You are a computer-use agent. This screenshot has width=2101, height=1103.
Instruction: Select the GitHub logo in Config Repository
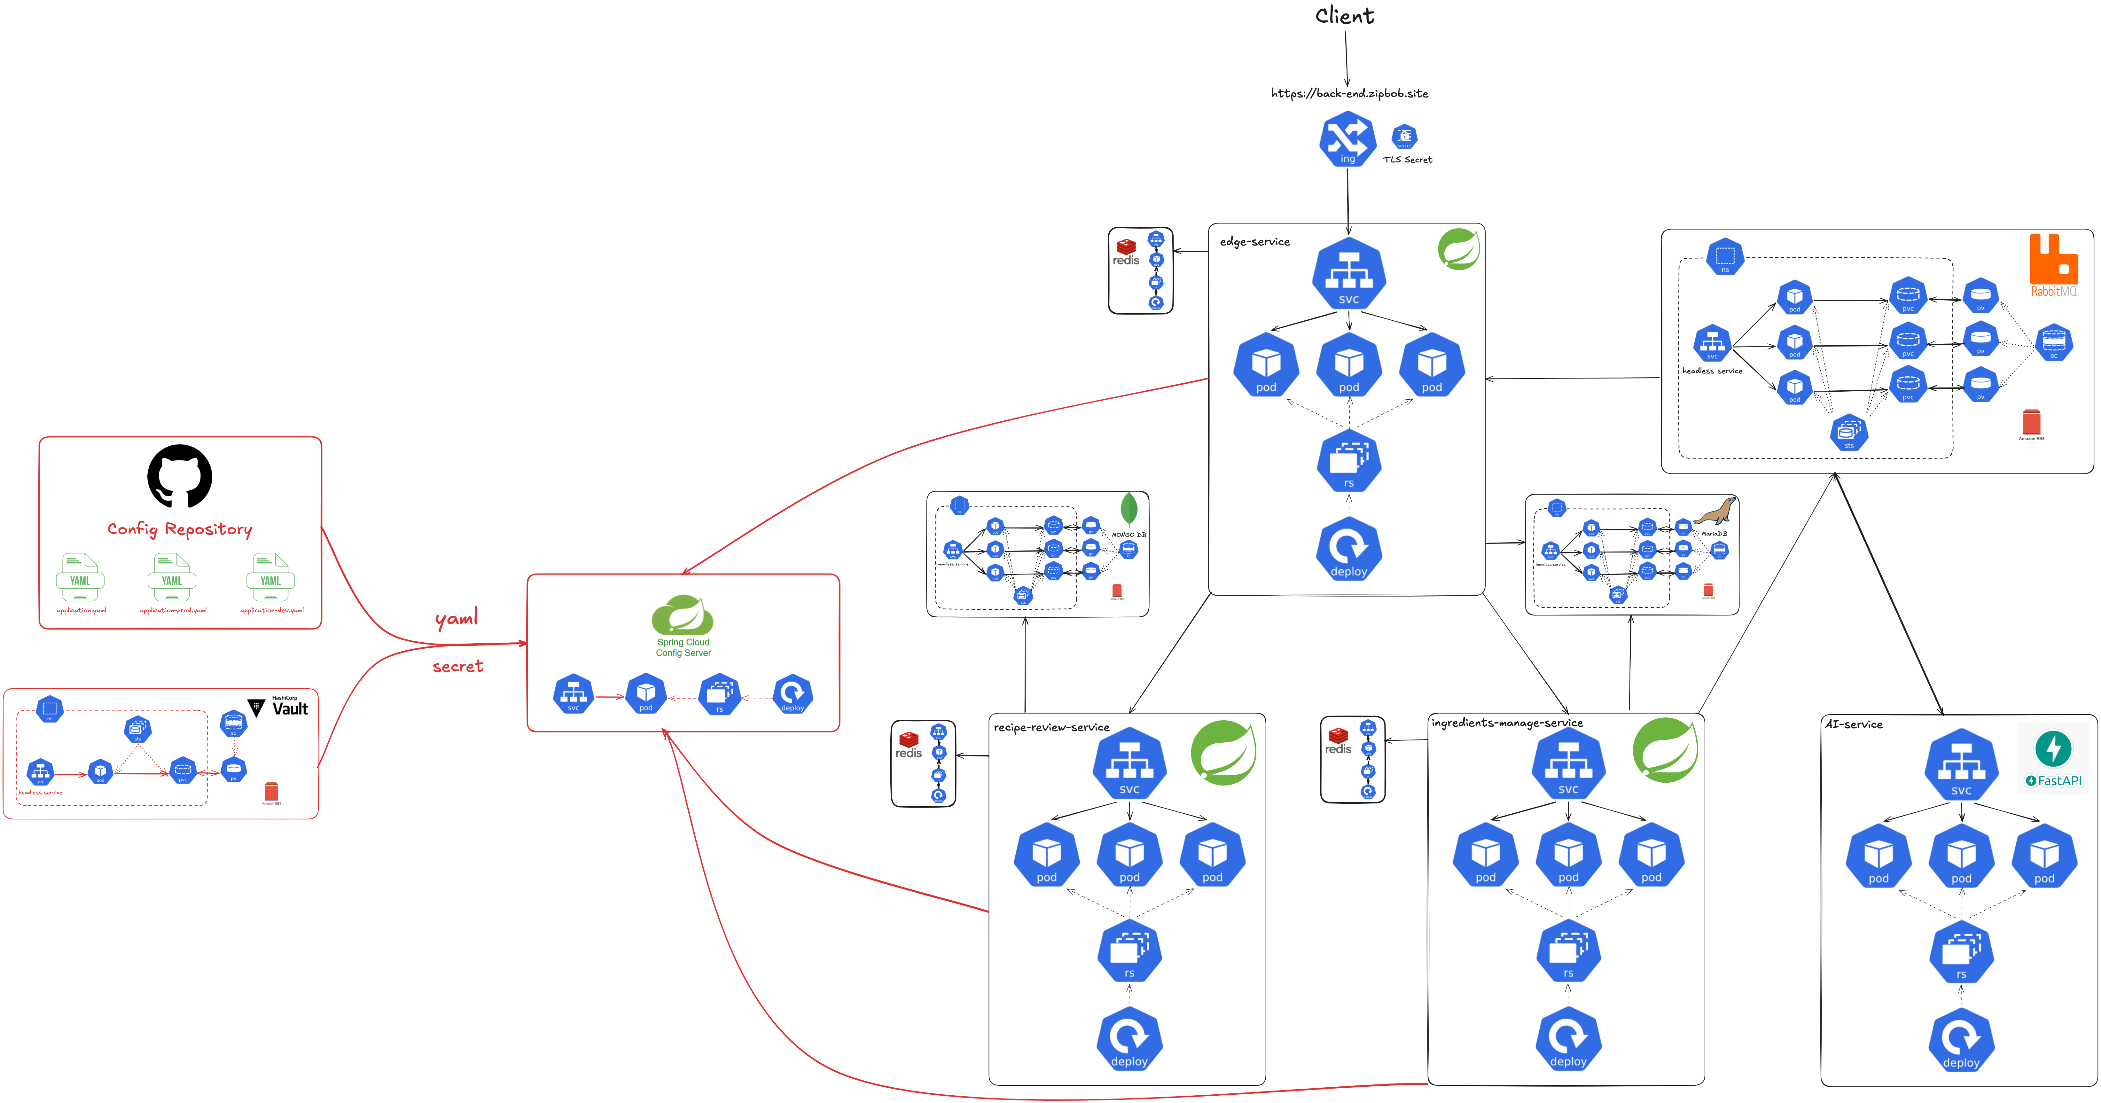click(x=179, y=476)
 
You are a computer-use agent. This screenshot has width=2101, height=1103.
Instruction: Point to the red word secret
click(x=457, y=667)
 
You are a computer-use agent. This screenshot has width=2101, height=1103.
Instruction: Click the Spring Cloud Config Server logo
click(x=683, y=616)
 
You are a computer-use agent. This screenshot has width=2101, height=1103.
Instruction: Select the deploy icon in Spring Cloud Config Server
click(x=792, y=694)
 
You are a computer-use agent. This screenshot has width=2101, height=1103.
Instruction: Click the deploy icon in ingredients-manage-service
click(x=1567, y=1038)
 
